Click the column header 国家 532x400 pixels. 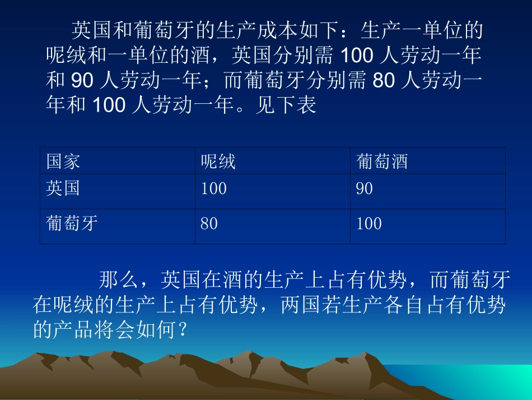(63, 162)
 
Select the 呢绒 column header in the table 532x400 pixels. (218, 162)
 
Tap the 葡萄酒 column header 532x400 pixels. (382, 162)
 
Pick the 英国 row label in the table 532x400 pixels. (63, 188)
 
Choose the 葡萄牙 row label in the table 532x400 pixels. (72, 224)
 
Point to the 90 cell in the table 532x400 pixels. (364, 188)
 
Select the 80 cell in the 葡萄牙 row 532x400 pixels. (209, 224)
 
